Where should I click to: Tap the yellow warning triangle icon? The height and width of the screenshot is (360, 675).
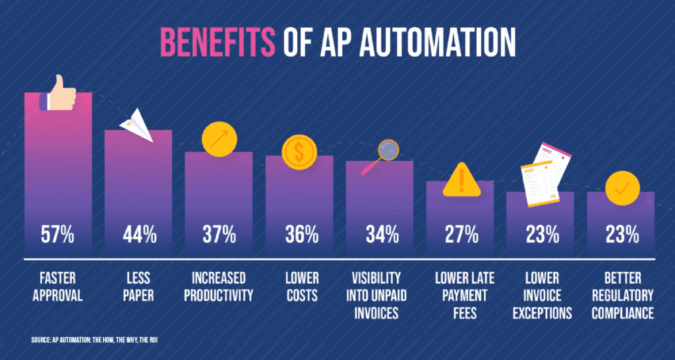pos(461,179)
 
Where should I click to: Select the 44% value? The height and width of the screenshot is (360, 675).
pos(139,233)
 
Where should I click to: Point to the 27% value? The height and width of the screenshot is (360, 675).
pos(461,233)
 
